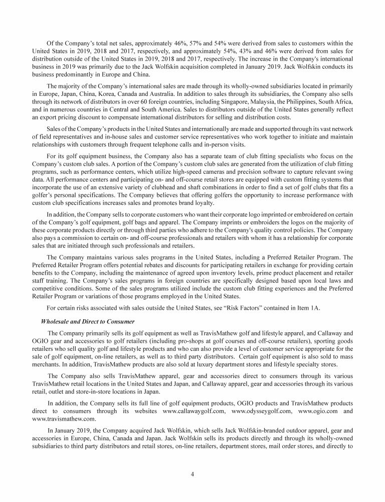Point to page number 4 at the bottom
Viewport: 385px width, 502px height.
pyautogui.click(x=192, y=473)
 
